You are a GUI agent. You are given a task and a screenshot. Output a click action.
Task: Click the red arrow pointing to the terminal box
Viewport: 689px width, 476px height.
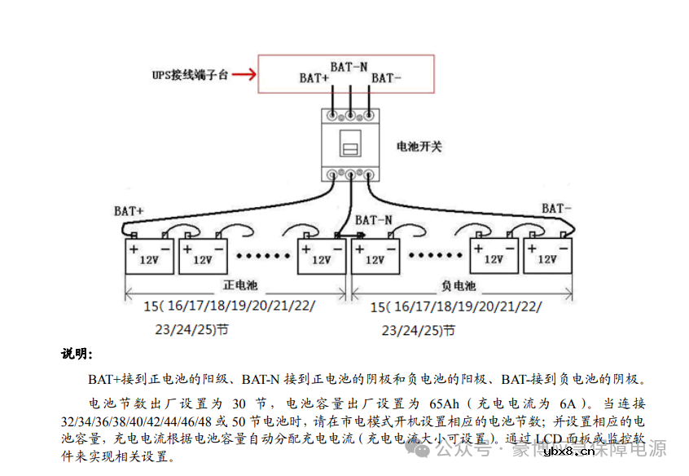click(242, 75)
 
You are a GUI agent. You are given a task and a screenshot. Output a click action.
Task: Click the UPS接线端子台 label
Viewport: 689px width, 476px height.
click(190, 75)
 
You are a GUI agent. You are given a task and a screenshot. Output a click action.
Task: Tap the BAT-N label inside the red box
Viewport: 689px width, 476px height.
click(349, 66)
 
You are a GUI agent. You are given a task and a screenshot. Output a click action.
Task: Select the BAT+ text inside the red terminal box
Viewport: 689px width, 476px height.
click(314, 78)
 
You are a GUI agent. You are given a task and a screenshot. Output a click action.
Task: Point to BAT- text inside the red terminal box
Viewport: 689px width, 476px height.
click(386, 78)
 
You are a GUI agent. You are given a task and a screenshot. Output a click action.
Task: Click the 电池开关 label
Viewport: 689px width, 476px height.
click(419, 147)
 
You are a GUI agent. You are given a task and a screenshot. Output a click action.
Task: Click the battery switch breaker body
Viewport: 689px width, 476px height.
click(350, 143)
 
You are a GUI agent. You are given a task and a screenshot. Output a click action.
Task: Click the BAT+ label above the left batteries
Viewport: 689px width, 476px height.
click(129, 210)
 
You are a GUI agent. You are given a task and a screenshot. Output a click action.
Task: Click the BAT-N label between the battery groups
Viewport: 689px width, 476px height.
click(374, 220)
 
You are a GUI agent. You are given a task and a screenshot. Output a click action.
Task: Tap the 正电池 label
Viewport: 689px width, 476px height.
click(240, 286)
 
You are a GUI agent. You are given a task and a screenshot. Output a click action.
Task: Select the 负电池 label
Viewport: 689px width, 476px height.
click(459, 286)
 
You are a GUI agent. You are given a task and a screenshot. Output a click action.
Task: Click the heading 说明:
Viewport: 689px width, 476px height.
click(77, 355)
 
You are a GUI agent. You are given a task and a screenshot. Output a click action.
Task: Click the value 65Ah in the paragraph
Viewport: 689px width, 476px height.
click(445, 403)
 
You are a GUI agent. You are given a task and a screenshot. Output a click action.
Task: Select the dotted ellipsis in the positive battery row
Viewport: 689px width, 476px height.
click(262, 255)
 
